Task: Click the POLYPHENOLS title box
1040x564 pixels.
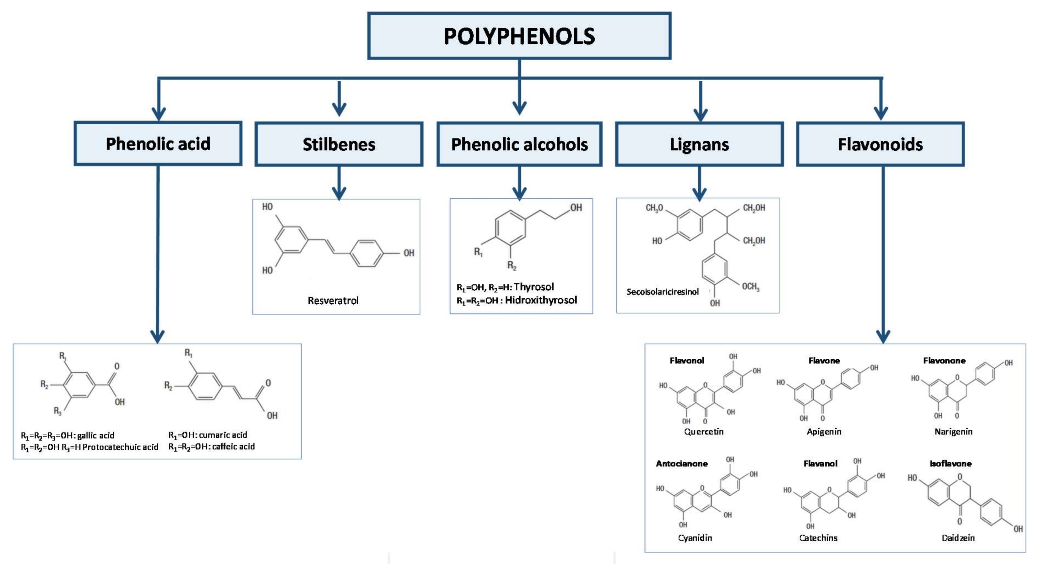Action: coord(519,36)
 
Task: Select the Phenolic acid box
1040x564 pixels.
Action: coord(158,144)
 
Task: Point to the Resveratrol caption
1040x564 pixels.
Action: coord(333,300)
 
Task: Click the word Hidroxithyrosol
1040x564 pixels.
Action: coord(541,300)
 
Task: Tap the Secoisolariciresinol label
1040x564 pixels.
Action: coord(662,291)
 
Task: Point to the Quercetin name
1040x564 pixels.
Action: coord(704,432)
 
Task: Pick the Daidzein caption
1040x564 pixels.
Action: coord(958,538)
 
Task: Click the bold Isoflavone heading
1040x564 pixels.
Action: coord(950,463)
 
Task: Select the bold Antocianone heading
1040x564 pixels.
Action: coord(681,463)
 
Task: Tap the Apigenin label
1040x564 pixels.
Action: coord(824,432)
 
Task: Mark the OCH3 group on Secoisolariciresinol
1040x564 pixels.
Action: coord(751,287)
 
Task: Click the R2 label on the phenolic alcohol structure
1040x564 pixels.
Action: coord(511,265)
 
